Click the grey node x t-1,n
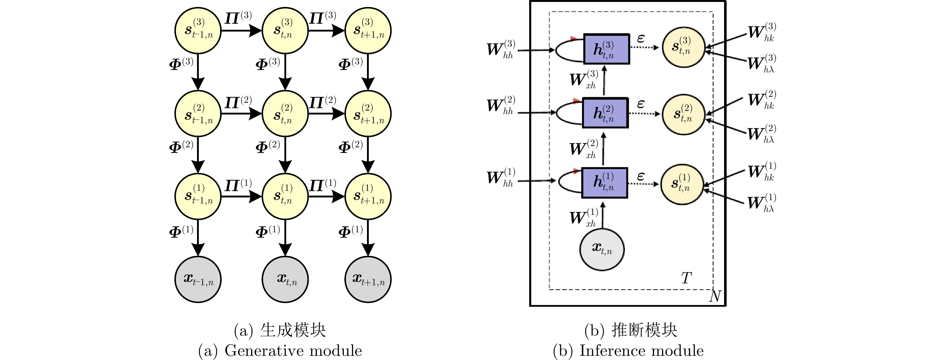click(x=198, y=279)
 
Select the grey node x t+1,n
click(x=368, y=279)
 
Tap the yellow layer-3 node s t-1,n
click(x=198, y=30)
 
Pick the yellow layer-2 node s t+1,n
click(x=368, y=114)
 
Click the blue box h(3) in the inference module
click(x=606, y=49)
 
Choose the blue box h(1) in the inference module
click(x=605, y=183)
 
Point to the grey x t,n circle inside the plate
click(x=602, y=249)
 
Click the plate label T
click(x=686, y=278)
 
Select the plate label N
click(x=715, y=296)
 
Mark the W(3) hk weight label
click(x=762, y=32)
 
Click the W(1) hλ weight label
click(x=762, y=203)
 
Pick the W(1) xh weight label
click(x=584, y=218)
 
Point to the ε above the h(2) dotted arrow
click(x=641, y=104)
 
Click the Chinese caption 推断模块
click(x=644, y=330)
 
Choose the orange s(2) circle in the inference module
click(x=684, y=114)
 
